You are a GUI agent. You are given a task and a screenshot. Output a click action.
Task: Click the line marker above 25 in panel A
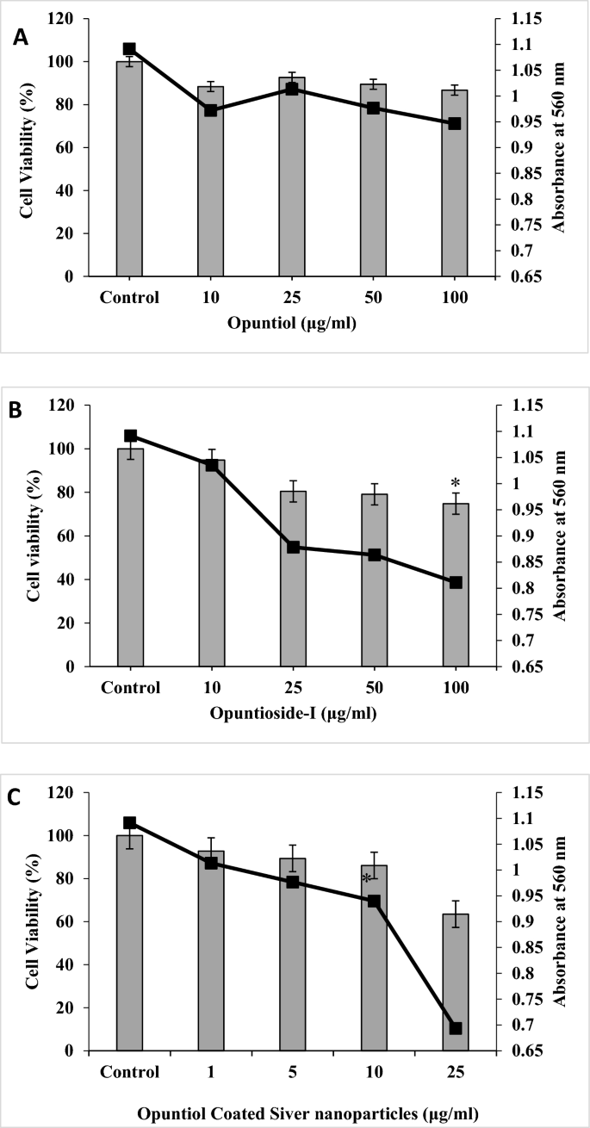pos(292,89)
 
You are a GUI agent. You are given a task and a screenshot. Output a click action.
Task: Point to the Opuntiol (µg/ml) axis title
pos(292,323)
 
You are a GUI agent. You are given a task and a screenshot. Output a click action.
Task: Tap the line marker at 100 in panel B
pos(455,583)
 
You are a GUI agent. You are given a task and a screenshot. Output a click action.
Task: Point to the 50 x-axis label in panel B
pos(374,688)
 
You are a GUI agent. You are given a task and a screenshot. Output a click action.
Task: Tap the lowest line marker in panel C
pos(455,1028)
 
